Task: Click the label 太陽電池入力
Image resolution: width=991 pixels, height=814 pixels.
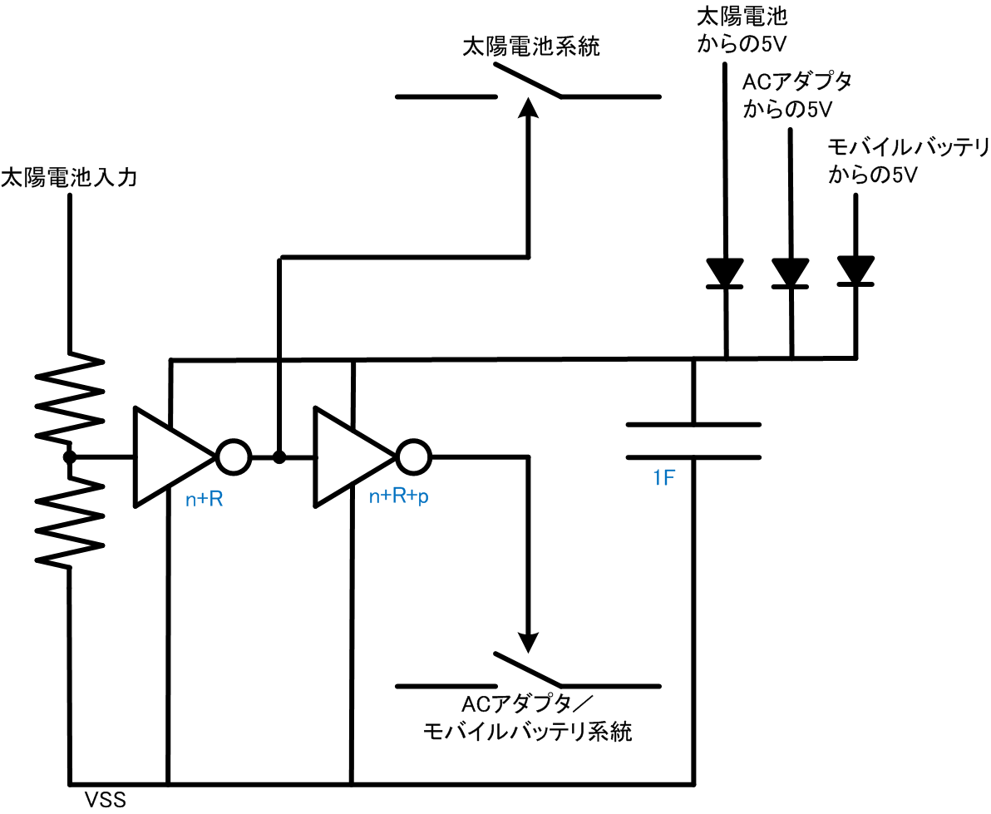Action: pos(68,177)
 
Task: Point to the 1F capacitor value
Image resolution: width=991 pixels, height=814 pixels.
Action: pos(665,479)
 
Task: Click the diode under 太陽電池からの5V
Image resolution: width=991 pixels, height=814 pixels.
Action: pos(724,272)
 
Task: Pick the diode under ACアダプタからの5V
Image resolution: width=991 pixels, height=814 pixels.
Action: pos(790,272)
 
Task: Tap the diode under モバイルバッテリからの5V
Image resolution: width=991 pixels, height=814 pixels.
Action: pos(855,270)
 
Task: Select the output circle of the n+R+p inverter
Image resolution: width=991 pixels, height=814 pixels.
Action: pos(413,456)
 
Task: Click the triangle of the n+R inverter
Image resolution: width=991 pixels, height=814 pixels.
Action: pos(170,456)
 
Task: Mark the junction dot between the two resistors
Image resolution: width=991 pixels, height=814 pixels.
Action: pos(70,456)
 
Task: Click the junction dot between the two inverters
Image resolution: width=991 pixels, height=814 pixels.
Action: pos(279,456)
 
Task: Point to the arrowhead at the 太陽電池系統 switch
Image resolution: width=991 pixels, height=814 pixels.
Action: pos(526,109)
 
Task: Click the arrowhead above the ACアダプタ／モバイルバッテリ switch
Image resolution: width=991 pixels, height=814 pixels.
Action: pos(526,641)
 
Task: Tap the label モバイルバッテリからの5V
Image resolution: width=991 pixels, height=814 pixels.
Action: pos(908,161)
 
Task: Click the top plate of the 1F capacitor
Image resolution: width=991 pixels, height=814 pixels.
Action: pos(693,426)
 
